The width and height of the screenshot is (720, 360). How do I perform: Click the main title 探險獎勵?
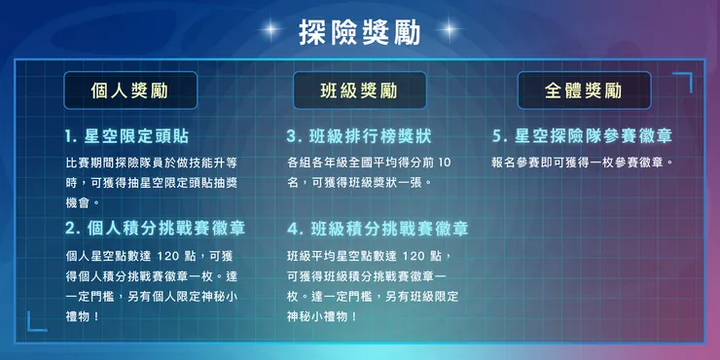[x=359, y=31]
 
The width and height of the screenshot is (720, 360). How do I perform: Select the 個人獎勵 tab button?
[x=129, y=91]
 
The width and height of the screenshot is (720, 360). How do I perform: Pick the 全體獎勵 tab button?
[x=584, y=91]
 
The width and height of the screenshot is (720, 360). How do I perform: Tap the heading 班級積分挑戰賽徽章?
[x=378, y=229]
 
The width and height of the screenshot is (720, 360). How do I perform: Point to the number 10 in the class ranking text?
[x=445, y=162]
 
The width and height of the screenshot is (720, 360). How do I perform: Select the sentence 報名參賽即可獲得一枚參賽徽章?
[x=583, y=162]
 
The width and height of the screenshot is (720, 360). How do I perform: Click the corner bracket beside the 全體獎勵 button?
[x=682, y=81]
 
